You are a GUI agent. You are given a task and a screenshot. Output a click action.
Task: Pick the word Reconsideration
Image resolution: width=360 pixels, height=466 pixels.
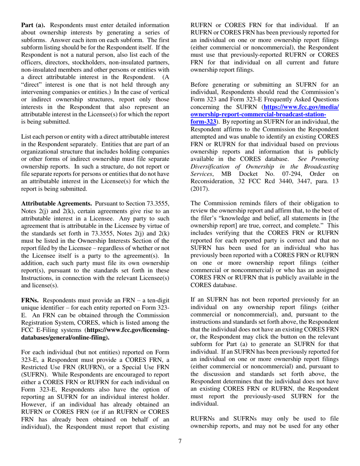coord(213,179)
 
